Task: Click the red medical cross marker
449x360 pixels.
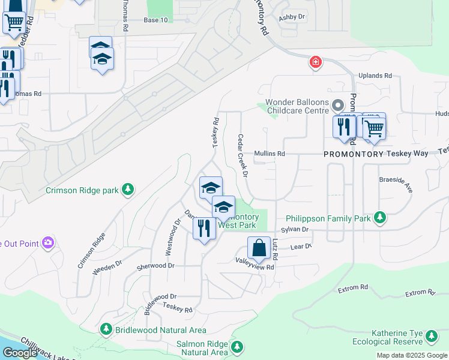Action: [315, 62]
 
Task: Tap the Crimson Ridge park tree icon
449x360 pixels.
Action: [127, 190]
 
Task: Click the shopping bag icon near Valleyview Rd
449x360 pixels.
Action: [258, 248]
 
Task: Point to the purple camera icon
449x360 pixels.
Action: [48, 243]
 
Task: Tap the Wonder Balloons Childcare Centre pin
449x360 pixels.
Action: [338, 106]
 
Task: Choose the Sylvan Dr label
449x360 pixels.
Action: [296, 230]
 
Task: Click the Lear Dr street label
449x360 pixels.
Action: [301, 247]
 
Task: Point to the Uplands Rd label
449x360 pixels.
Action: [375, 76]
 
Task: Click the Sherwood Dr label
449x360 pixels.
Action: [155, 266]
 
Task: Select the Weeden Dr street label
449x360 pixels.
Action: [107, 268]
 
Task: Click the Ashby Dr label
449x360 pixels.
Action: [292, 17]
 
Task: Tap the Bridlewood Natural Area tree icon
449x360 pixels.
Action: [106, 329]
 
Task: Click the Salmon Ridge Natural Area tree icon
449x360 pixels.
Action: [237, 347]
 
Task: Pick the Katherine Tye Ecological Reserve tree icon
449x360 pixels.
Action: [429, 340]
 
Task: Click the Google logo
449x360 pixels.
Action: [19, 353]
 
